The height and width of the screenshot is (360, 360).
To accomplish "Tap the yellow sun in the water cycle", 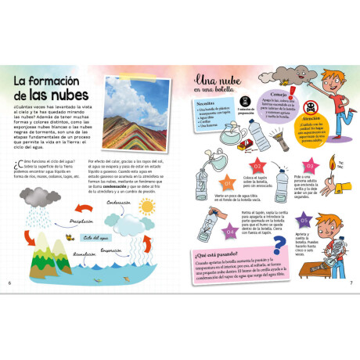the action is (x=146, y=207).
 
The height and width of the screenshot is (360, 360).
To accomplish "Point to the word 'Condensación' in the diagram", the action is (x=117, y=202).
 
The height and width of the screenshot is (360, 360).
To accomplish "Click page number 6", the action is (x=9, y=283).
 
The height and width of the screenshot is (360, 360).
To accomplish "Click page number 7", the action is (x=351, y=283).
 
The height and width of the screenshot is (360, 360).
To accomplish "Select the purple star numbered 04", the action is (x=230, y=232).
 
